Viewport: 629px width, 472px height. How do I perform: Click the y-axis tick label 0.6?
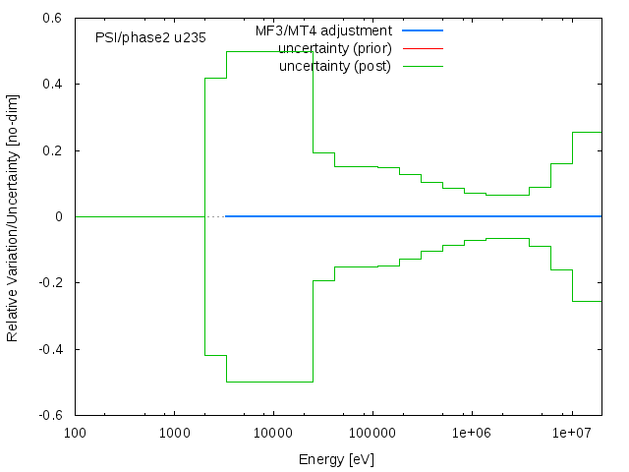53,19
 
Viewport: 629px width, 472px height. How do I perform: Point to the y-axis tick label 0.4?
53,85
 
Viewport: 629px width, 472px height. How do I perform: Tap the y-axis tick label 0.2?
53,150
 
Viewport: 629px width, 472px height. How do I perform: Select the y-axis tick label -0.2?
51,283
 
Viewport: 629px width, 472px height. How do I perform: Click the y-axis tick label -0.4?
51,349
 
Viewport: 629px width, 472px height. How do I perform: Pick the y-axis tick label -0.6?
51,415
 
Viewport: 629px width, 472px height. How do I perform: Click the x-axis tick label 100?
75,433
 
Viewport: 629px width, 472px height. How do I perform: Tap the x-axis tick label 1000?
174,433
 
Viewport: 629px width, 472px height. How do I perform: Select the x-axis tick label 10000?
273,433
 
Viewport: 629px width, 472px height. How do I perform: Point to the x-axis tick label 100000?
372,433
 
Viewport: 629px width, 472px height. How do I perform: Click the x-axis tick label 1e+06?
472,433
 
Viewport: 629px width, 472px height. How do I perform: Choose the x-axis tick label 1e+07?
571,433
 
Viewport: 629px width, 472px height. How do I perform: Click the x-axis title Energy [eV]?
336,459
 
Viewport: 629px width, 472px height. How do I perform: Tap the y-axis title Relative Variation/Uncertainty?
13,217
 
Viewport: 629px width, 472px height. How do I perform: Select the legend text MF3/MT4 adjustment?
323,30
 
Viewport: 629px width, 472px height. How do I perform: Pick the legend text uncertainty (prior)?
334,48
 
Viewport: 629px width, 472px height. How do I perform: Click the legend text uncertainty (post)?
335,66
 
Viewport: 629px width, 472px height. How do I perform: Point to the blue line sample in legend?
423,30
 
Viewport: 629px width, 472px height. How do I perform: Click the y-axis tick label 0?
60,217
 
